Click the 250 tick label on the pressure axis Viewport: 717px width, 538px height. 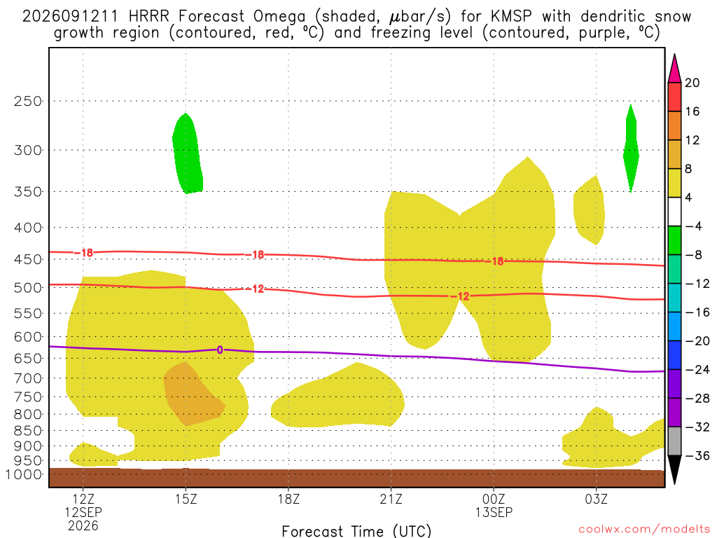tap(28, 101)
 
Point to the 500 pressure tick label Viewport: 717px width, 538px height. tap(28, 288)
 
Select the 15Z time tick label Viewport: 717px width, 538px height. tap(186, 499)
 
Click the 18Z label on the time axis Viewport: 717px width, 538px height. tap(288, 499)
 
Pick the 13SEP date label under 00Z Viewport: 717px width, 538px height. tap(494, 512)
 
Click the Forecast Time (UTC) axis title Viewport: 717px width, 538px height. tap(356, 531)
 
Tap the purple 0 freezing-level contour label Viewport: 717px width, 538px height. tap(220, 350)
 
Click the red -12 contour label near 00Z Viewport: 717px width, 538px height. tap(460, 296)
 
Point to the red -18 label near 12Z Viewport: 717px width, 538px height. tap(83, 252)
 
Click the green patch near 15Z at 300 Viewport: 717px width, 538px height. tap(188, 153)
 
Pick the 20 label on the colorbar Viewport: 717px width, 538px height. tap(692, 83)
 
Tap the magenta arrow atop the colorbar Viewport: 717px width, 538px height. tap(674, 68)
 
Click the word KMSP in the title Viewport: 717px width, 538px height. tap(511, 17)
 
